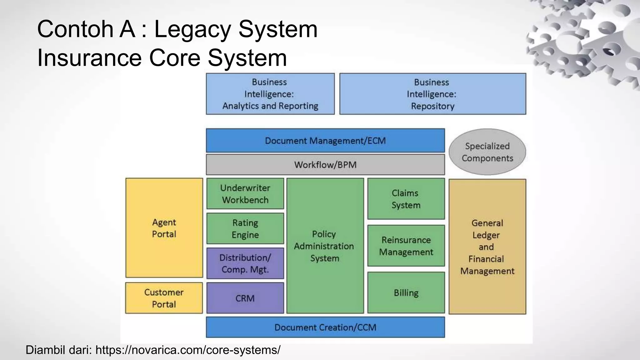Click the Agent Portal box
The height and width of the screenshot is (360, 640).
pos(164,228)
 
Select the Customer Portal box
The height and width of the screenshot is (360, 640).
pos(164,298)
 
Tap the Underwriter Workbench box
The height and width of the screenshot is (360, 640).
pos(245,194)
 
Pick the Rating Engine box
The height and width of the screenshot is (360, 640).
pos(245,228)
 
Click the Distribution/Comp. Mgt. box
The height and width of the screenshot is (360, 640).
pos(245,263)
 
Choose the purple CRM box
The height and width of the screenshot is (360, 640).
pos(245,298)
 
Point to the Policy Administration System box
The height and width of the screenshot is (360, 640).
pos(325,246)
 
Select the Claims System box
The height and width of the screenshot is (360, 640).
pos(406,199)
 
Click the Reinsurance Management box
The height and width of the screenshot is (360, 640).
pos(406,246)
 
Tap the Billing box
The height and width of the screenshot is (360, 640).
pos(406,292)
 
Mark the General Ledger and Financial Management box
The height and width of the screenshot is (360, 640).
pos(487,247)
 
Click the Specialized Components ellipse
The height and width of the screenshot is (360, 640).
pos(487,152)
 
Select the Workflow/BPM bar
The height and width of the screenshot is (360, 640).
pos(325,164)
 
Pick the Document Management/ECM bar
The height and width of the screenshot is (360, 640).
pos(325,141)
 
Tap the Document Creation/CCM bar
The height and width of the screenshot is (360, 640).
pos(325,327)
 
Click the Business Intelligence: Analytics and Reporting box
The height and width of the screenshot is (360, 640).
pos(270,94)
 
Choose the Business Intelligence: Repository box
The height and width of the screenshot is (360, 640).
pos(432,94)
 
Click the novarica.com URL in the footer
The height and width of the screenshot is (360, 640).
pos(188,350)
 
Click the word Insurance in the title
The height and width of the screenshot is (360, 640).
pos(89,58)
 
